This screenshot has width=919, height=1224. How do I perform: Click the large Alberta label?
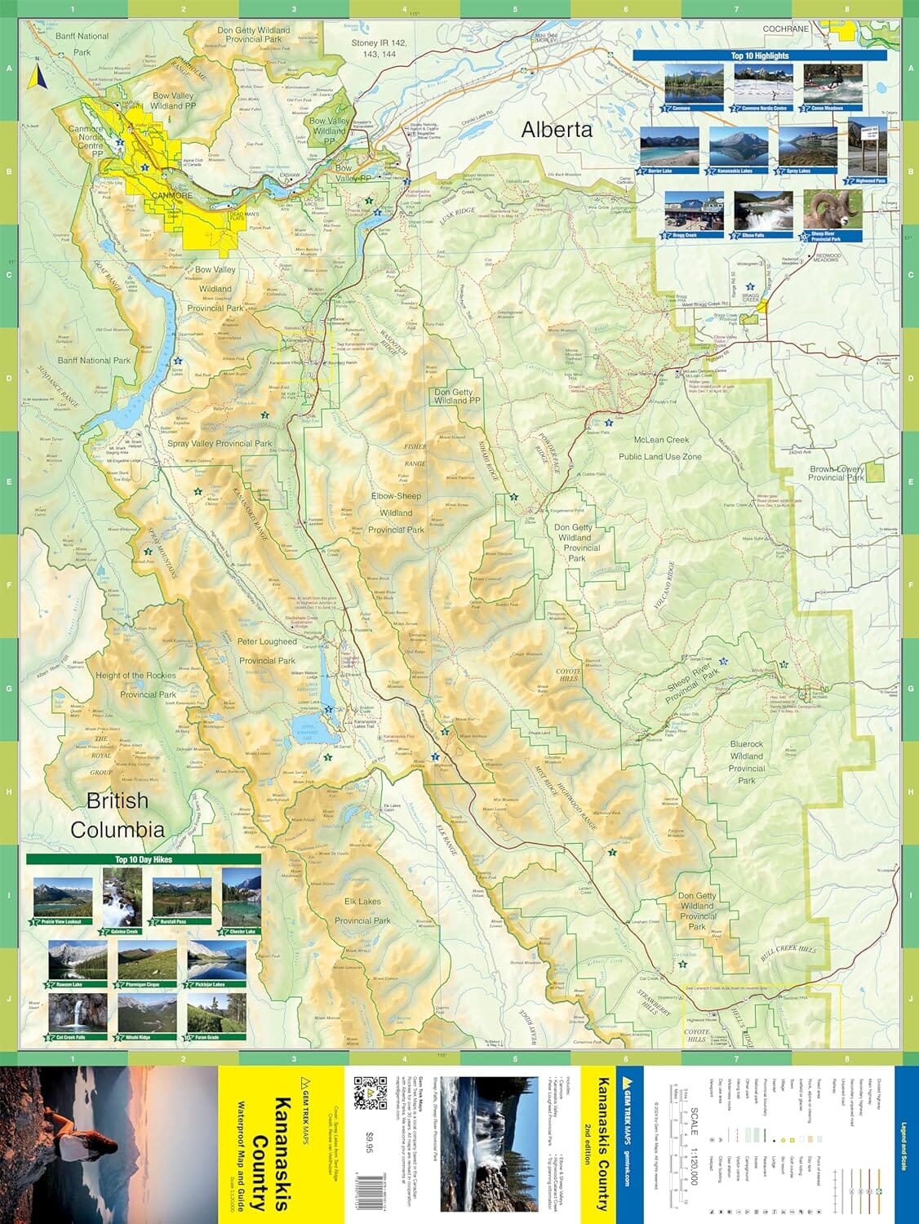[557, 130]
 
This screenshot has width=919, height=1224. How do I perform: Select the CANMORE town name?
[172, 196]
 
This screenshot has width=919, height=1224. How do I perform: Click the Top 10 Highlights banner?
[759, 55]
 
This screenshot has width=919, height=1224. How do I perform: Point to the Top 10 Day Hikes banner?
[144, 859]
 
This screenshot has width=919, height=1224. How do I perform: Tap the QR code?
[370, 1093]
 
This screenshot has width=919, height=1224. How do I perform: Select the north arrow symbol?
[35, 78]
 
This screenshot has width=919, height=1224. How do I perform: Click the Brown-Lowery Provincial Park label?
[837, 473]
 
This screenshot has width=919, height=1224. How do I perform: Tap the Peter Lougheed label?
[267, 641]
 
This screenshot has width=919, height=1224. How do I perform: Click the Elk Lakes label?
[362, 902]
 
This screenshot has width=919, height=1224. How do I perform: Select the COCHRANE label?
[786, 29]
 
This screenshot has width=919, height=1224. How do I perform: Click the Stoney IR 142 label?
[378, 42]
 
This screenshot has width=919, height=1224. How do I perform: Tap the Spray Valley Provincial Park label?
[220, 444]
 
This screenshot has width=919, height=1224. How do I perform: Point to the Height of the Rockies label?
[135, 676]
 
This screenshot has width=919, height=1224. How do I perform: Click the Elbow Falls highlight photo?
[763, 212]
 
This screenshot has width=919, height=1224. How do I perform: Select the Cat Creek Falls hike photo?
[77, 1012]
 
